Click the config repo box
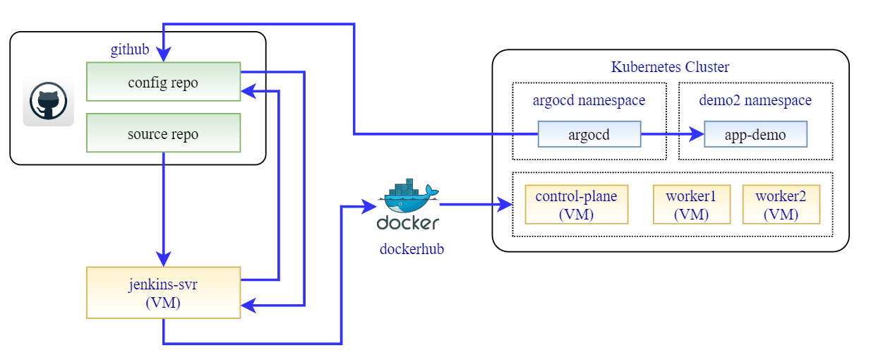163,82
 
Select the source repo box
163,133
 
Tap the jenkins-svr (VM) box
163,292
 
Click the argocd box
589,134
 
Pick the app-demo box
755,134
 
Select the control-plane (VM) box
576,205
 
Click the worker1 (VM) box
691,205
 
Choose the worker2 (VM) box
781,205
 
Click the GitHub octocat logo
48,102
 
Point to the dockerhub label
412,248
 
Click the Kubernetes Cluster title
670,67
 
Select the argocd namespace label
589,100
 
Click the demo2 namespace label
755,100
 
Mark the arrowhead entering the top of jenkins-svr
163,260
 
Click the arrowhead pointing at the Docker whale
368,206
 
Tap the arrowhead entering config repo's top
163,56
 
